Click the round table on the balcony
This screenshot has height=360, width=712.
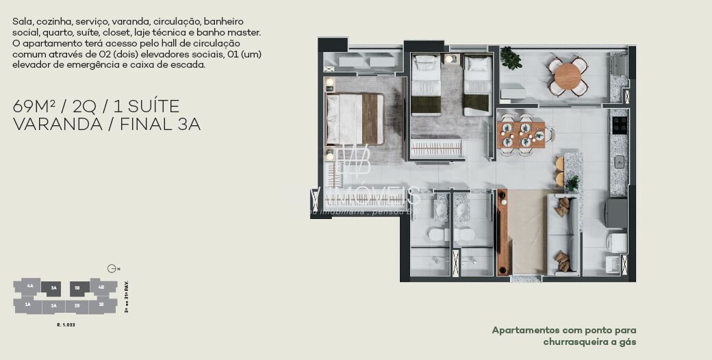568,75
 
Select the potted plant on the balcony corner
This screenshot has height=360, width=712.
509,57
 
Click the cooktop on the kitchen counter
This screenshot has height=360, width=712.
620,125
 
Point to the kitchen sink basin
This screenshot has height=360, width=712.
620,162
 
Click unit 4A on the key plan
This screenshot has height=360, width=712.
29,286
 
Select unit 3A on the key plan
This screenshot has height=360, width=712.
53,288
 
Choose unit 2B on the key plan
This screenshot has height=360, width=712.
77,305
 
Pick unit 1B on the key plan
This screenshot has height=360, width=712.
101,304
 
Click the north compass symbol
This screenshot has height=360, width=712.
112,269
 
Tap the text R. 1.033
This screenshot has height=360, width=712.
66,324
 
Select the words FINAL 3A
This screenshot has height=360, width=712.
160,125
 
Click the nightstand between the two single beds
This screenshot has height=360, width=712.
451,60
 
